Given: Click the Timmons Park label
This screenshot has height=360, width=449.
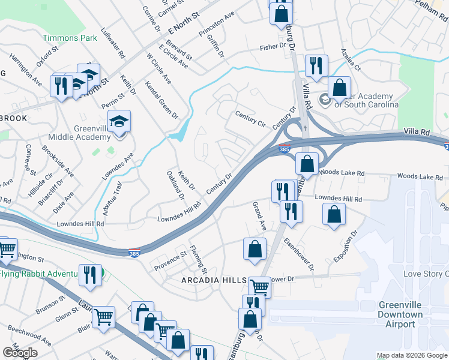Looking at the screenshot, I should (70, 38).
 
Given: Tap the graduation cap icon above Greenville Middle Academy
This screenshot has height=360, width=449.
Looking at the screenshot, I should (120, 122).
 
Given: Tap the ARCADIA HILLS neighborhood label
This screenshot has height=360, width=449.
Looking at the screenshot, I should (214, 280).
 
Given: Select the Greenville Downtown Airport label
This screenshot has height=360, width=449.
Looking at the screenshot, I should (400, 314).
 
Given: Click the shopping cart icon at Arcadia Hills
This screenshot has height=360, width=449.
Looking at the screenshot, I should (259, 287).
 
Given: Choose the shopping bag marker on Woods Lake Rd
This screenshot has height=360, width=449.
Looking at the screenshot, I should (307, 163).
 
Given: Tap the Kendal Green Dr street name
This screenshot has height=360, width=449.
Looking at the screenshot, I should (161, 99).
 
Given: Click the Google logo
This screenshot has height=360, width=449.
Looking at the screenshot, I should (20, 353).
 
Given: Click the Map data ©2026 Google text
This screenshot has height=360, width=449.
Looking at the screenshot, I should (411, 355).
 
